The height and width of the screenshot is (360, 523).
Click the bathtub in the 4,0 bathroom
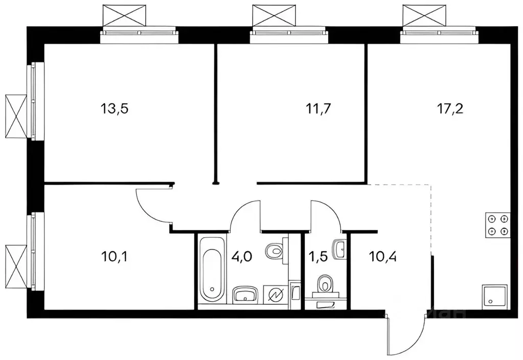pos(210,269)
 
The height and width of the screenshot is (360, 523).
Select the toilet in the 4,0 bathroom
pos(275,251)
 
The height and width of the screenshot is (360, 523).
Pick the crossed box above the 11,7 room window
pos(274,15)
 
